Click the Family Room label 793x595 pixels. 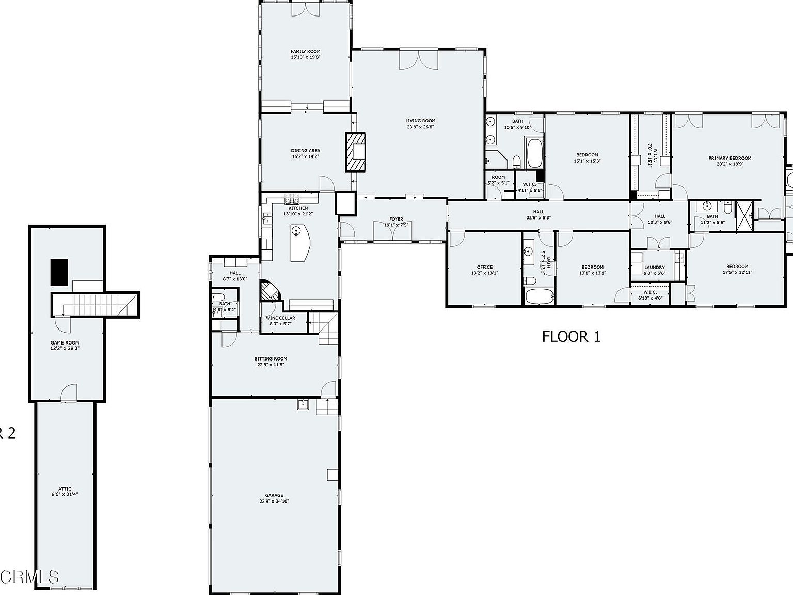[x=305, y=51]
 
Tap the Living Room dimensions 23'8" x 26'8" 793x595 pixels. [x=420, y=127]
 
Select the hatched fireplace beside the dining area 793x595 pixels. [x=355, y=152]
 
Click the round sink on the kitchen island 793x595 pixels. [x=296, y=231]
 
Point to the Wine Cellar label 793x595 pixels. [x=280, y=318]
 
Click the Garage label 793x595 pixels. [x=274, y=495]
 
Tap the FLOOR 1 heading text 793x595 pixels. [x=571, y=337]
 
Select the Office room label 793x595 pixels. [x=484, y=267]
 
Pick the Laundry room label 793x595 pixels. [x=654, y=267]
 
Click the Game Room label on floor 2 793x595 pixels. [x=65, y=342]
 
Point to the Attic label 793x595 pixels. [x=65, y=489]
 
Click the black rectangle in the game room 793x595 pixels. [x=59, y=272]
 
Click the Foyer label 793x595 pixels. [x=396, y=219]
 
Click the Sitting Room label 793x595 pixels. [x=271, y=358]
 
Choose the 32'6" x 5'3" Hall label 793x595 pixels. [x=538, y=212]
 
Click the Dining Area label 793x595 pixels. [x=305, y=151]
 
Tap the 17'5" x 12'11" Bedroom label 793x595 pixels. [x=737, y=267]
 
